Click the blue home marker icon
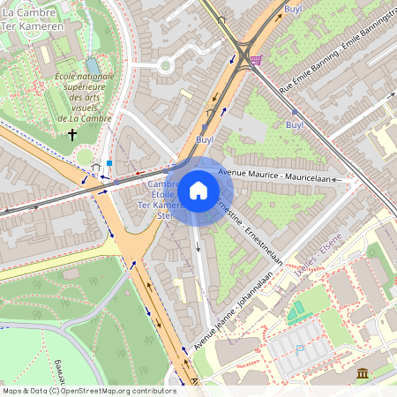[x=198, y=190]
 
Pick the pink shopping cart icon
[x=256, y=59]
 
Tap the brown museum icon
[x=363, y=375]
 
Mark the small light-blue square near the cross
[x=109, y=162]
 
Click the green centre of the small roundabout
[x=164, y=64]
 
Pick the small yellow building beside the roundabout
[x=186, y=93]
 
